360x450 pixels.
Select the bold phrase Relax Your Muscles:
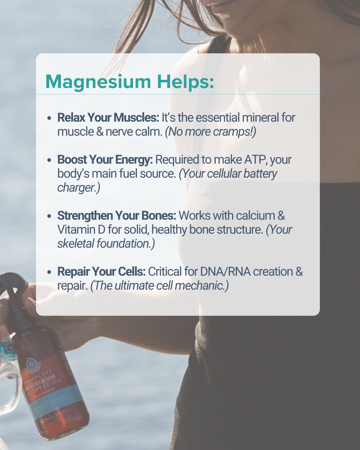click(x=108, y=118)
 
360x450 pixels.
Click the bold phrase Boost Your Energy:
click(x=105, y=160)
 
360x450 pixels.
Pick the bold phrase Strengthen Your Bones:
click(x=117, y=216)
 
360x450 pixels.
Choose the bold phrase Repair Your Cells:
click(x=101, y=272)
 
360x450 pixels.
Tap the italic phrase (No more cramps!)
click(x=210, y=132)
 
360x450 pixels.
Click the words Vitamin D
click(x=81, y=230)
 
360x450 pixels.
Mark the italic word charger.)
click(x=79, y=188)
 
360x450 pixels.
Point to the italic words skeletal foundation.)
click(x=106, y=244)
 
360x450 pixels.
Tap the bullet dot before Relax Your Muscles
click(x=49, y=118)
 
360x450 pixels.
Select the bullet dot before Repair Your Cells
click(x=49, y=272)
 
